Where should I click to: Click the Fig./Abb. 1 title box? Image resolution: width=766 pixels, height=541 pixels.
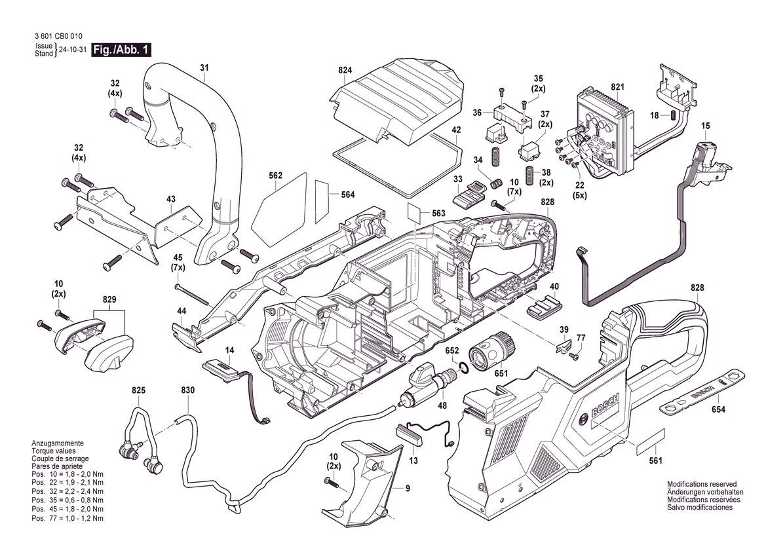pos(121,50)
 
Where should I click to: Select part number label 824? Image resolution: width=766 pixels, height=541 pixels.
pos(345,70)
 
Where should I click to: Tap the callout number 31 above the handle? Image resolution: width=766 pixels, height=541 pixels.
pos(204,68)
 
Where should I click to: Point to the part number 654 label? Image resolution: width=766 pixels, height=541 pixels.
pos(718,409)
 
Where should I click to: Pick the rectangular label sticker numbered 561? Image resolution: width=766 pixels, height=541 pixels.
pos(650,442)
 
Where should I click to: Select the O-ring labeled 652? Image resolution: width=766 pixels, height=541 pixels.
pos(464,367)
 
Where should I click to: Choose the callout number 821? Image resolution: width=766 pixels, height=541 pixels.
pos(617,86)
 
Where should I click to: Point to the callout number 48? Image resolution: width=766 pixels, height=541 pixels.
pos(442,406)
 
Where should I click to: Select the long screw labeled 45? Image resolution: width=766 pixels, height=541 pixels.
pos(193,294)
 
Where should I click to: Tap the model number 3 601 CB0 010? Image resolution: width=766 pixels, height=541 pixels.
pos(58,36)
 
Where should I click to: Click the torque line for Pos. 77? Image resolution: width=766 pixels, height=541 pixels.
pos(67,519)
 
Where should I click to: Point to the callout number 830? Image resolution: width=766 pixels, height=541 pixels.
pos(187,390)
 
